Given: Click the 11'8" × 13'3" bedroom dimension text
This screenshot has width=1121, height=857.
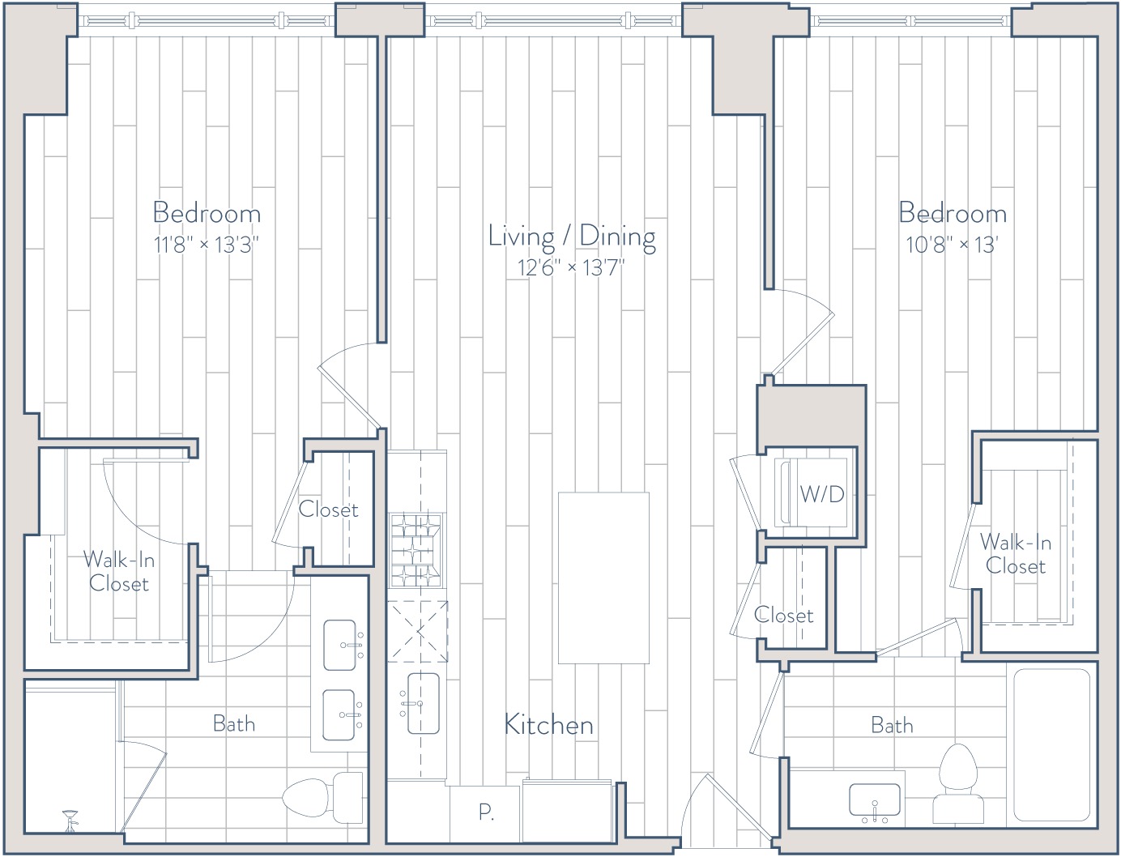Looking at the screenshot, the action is (x=207, y=245).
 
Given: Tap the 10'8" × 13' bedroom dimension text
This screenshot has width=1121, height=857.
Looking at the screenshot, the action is (x=952, y=245).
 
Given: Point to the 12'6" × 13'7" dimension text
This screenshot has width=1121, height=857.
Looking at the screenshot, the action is (x=572, y=267).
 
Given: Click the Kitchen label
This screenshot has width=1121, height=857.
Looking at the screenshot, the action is (x=548, y=725).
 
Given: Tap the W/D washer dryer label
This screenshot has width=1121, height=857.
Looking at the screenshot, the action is (x=822, y=494).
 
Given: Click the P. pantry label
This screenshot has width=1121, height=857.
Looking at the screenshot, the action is (x=486, y=812).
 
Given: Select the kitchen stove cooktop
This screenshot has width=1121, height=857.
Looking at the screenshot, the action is (x=416, y=551).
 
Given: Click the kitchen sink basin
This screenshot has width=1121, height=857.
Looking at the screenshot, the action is (x=424, y=703).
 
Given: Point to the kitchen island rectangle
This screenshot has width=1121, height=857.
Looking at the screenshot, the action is (x=603, y=578).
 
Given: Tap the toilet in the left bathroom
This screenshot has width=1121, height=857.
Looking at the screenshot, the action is (x=322, y=801).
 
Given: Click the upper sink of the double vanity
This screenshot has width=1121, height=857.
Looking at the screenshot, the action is (x=340, y=645).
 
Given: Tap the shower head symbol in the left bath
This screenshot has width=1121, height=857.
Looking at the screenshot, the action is (x=70, y=821).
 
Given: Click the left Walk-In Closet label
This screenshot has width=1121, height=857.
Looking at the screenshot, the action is (x=119, y=572).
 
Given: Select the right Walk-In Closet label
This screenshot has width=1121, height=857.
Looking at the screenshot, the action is (x=1015, y=554).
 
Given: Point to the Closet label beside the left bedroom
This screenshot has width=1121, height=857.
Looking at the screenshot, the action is (x=328, y=510).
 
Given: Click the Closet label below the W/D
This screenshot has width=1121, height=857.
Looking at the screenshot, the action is (x=783, y=616).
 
